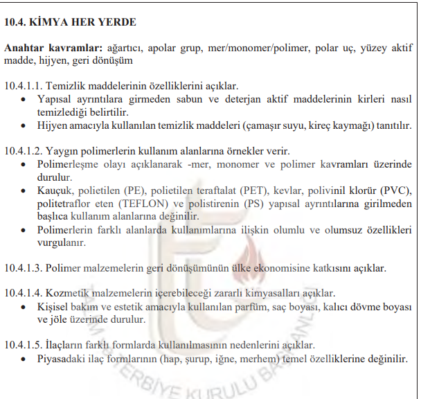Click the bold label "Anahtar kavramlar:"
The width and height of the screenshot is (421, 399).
(x=52, y=48)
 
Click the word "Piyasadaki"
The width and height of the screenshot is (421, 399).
(x=64, y=359)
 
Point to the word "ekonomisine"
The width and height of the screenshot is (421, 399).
(x=295, y=267)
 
